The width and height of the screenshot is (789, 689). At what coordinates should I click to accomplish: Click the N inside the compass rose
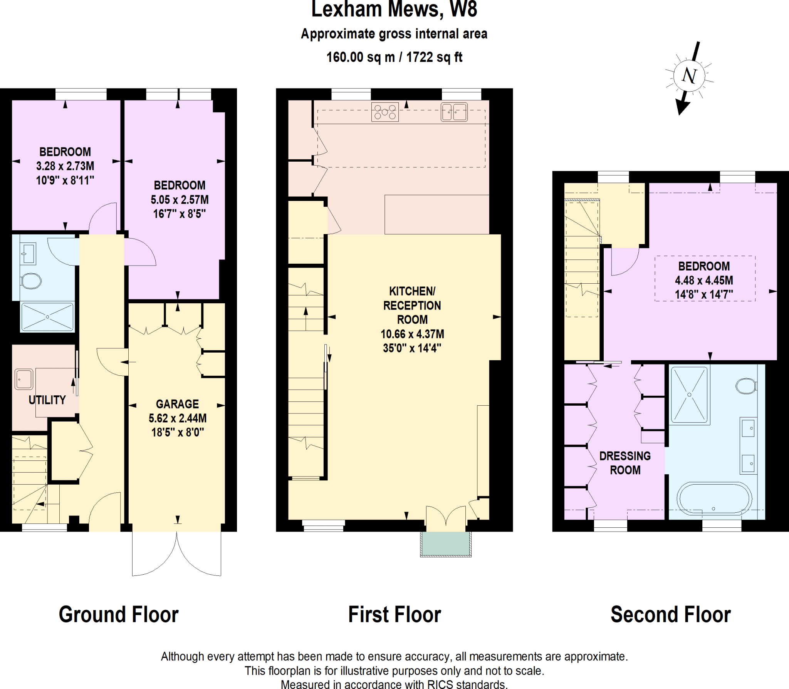pos(689,75)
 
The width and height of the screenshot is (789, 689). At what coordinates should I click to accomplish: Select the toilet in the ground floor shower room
pos(31,281)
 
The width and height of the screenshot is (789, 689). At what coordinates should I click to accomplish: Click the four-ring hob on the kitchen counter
pos(385,112)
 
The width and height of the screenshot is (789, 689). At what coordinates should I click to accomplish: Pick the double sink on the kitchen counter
pos(454,112)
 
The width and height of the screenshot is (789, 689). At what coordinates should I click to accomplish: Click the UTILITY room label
pos(47,400)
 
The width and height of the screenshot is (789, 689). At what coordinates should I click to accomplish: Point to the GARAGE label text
pos(177,404)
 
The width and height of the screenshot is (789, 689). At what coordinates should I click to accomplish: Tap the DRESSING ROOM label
pos(625,463)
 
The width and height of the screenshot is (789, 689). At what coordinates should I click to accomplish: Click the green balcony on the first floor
pos(445,544)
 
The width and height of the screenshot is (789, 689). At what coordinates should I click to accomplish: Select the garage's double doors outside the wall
pos(176,554)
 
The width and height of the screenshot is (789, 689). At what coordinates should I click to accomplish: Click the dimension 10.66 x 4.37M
pos(412,334)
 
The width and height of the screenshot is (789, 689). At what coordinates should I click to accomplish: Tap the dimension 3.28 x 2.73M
pos(65,166)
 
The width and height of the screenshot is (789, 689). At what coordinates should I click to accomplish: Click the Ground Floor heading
pos(118,614)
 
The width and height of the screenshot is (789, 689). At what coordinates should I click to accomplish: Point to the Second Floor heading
pos(670,614)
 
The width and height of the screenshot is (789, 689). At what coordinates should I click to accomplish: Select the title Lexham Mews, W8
pos(394,10)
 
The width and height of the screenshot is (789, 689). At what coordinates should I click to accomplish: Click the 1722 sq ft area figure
pos(434,57)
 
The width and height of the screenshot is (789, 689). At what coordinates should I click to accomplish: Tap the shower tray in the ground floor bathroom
pos(47,317)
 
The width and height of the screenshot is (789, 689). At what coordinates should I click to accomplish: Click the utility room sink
pos(24,379)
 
